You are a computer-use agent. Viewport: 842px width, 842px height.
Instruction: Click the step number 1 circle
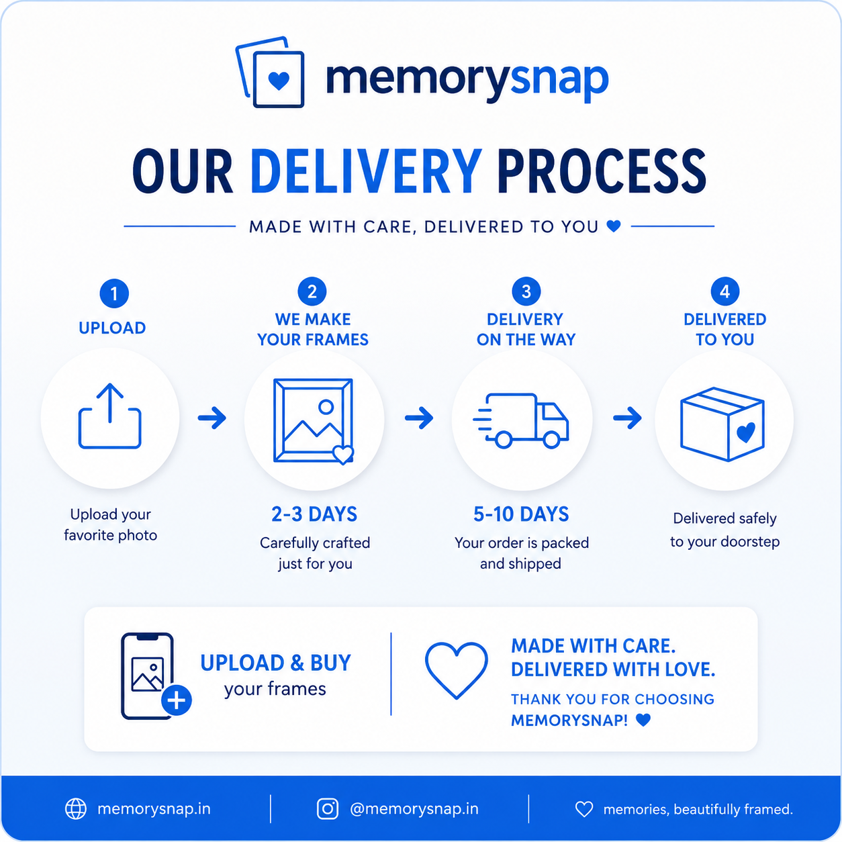[114, 293]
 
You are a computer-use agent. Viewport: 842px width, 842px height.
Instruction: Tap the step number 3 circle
[526, 291]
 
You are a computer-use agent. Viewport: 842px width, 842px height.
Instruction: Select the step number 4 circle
[725, 291]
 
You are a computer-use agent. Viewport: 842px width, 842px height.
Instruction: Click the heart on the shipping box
[746, 432]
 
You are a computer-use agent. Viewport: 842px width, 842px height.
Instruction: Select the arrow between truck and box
[627, 418]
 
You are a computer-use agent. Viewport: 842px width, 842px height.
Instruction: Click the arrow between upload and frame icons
[212, 418]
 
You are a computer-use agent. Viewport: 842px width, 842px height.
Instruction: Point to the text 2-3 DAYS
[314, 514]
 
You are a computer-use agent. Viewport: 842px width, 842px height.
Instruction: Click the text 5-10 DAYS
[521, 514]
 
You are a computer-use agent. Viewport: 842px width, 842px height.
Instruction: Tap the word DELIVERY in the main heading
[366, 171]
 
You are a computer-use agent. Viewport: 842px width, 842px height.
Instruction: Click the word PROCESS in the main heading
[602, 171]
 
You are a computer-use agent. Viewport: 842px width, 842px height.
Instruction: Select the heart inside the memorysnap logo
[279, 81]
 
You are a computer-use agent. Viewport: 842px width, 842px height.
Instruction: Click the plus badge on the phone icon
[177, 700]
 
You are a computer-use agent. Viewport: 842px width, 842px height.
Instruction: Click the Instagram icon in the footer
[327, 809]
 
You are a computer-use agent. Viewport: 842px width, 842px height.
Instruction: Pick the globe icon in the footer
[76, 809]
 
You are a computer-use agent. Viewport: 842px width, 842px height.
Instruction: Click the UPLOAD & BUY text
[276, 663]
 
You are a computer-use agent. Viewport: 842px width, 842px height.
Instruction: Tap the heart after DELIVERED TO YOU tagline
[614, 226]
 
